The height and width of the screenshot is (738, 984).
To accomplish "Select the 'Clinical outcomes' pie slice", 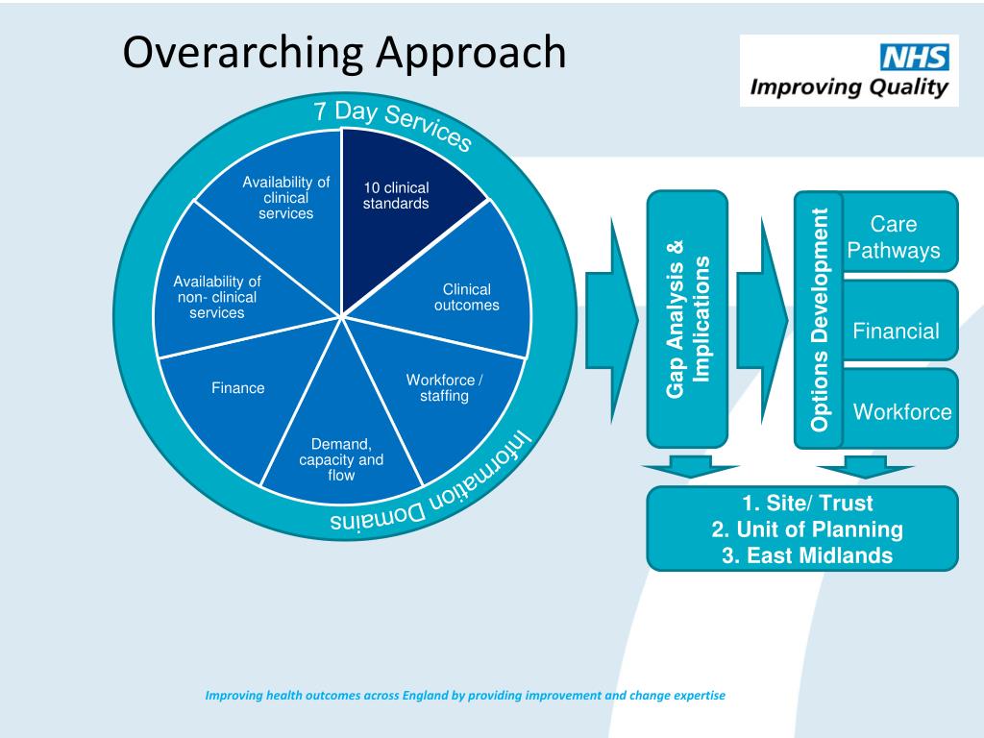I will [466, 297].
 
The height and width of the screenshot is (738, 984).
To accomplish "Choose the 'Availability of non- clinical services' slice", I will [217, 297].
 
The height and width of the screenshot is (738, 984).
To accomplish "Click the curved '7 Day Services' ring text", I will [393, 124].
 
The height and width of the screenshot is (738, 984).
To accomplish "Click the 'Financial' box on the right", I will [896, 332].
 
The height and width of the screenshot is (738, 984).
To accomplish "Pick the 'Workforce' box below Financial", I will [902, 412].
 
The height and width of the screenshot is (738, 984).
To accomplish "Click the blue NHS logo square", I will [915, 58].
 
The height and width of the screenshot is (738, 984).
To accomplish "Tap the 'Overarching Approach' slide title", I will [344, 53].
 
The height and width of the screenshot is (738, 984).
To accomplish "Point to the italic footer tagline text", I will [465, 695].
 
